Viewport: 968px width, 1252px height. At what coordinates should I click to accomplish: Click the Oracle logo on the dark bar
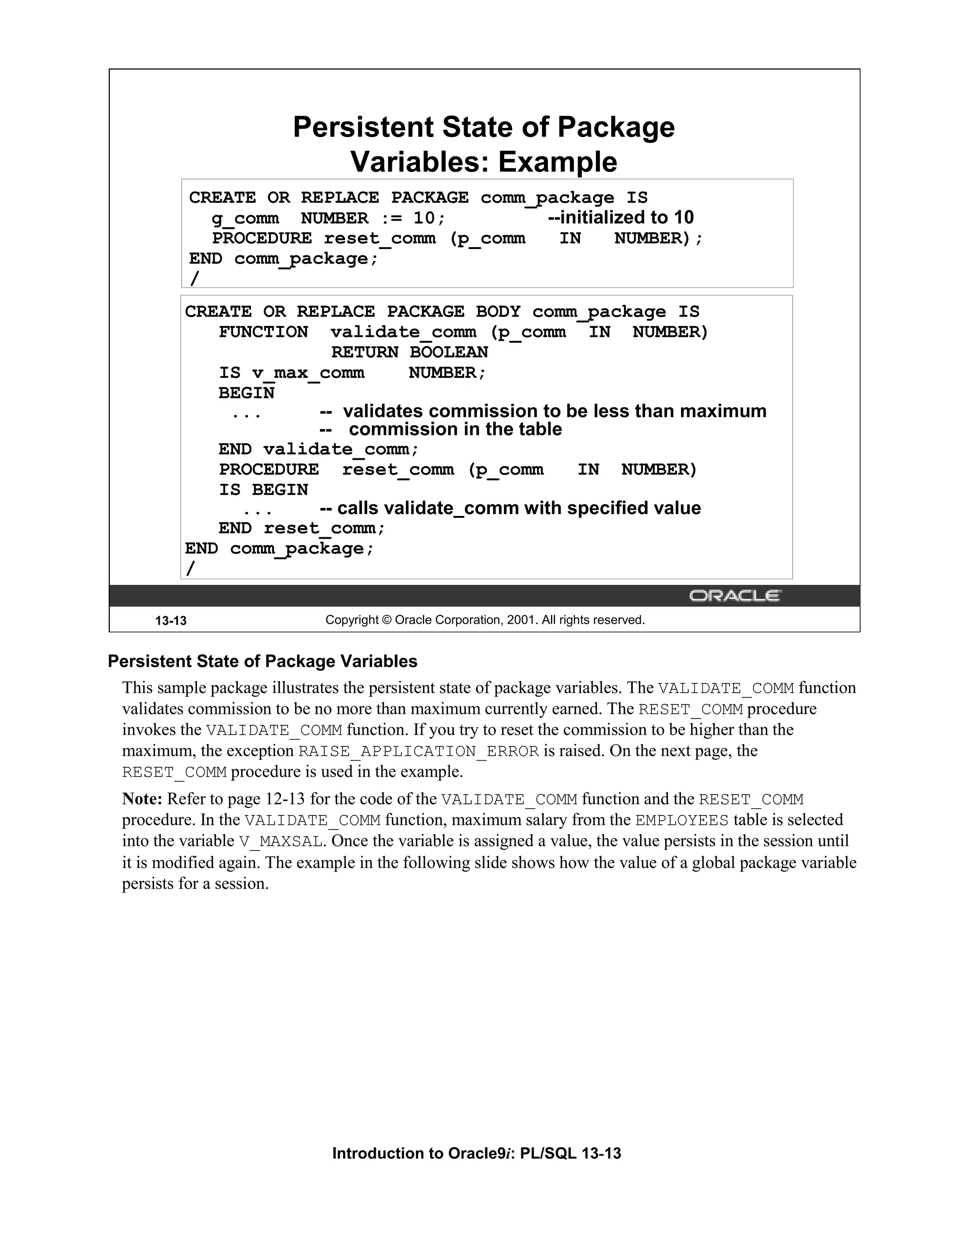[x=734, y=596]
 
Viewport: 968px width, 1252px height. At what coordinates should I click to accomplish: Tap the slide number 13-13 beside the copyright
[x=171, y=620]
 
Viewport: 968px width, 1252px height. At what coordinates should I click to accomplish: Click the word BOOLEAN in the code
[x=449, y=352]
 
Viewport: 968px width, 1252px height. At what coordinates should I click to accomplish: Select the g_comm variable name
[x=245, y=218]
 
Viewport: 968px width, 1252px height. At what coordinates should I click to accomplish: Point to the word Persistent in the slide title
[x=363, y=127]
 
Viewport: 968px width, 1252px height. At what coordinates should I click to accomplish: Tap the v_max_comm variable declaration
[x=308, y=373]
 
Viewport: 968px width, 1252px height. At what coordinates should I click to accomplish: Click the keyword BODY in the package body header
[x=498, y=312]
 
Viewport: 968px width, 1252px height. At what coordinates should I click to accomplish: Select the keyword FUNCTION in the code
[x=263, y=332]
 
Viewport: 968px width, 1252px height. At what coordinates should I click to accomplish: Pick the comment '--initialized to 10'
[x=621, y=218]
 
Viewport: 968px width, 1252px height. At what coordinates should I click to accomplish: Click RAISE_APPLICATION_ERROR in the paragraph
[x=419, y=751]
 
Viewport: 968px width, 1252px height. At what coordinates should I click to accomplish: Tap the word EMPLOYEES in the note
[x=682, y=820]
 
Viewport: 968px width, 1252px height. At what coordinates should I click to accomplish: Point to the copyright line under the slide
[x=484, y=620]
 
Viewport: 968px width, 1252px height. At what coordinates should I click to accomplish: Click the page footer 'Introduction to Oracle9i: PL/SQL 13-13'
[x=476, y=1153]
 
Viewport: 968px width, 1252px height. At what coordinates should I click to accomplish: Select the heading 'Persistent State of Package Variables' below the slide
[x=263, y=661]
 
